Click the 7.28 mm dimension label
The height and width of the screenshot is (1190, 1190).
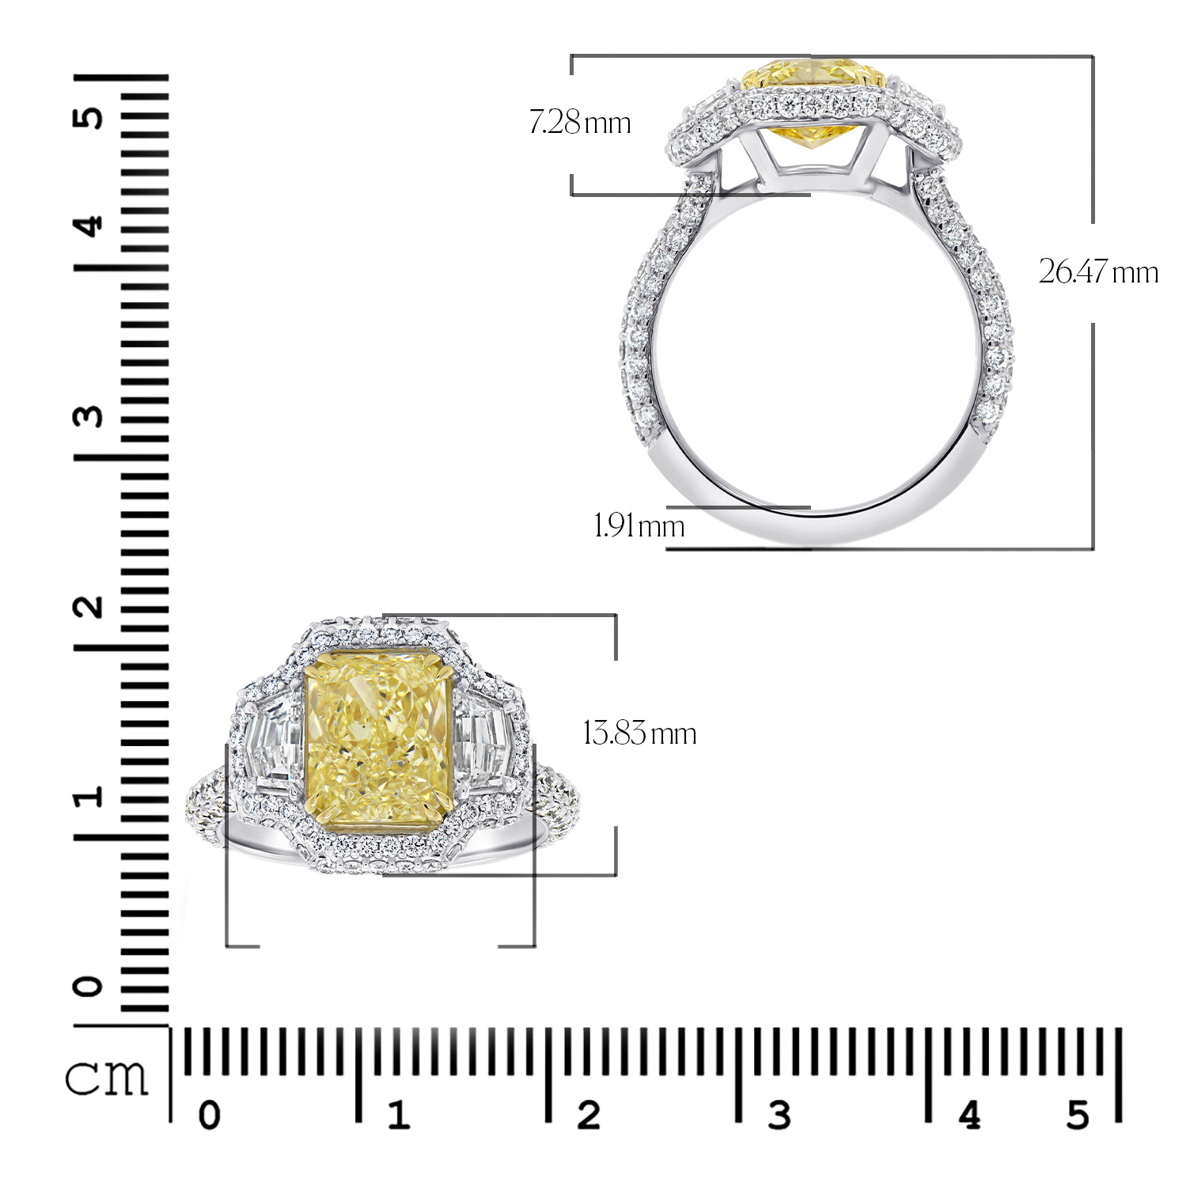[580, 123]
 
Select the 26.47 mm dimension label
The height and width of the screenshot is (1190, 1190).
[1098, 272]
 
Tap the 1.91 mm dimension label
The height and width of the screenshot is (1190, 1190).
[639, 525]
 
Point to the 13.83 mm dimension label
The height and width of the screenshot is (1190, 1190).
[639, 733]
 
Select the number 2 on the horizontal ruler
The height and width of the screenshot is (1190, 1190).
[589, 1116]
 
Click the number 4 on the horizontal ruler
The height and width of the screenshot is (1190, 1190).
[969, 1116]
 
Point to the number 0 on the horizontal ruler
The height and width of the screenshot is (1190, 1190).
[209, 1116]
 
